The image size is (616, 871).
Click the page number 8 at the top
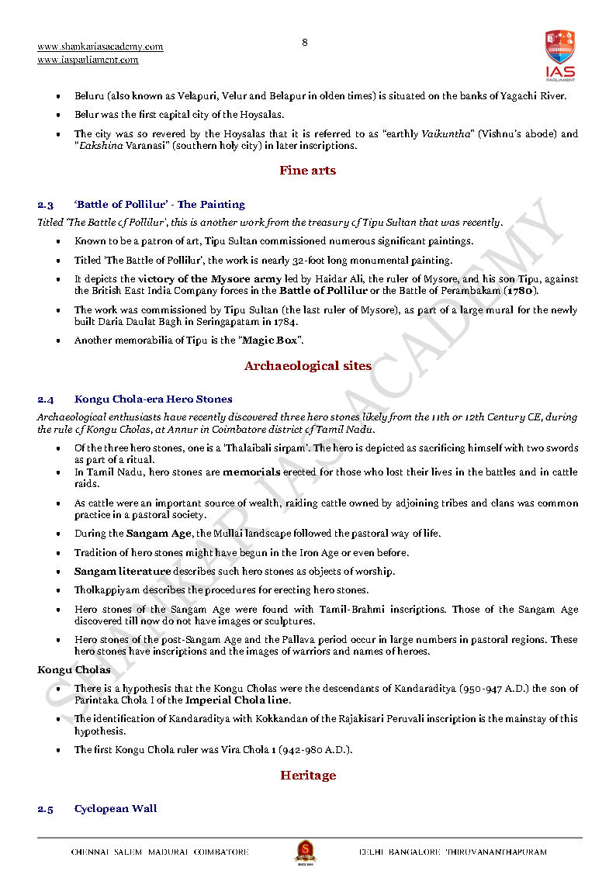point(304,43)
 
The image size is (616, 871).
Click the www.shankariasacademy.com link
point(100,47)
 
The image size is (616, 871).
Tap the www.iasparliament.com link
point(88,60)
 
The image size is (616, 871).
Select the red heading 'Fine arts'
point(308,171)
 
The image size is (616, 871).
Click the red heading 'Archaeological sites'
point(308,365)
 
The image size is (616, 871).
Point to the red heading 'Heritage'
point(308,775)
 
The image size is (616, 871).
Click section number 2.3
point(46,205)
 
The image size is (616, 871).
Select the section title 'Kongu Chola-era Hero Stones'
point(153,399)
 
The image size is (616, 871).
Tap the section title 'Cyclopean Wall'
point(116,808)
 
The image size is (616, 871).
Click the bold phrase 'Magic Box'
point(271,340)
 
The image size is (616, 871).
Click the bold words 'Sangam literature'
point(123,572)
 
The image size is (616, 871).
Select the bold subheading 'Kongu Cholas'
point(74,669)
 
